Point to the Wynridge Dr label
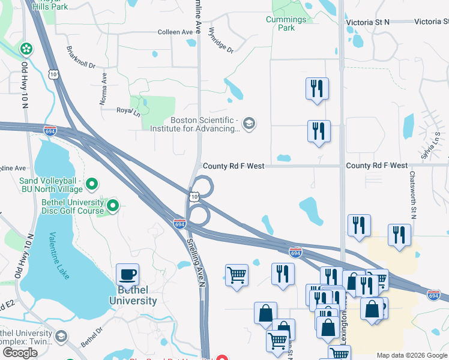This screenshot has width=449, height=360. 220,40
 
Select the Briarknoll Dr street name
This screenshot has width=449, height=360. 81,57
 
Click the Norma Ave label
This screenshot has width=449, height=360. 103,86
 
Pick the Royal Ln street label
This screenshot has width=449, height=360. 128,110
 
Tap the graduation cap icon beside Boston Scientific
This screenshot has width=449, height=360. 250,124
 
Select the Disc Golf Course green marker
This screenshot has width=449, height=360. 112,206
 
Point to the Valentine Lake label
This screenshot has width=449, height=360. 59,255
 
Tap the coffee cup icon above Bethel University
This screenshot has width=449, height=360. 127,275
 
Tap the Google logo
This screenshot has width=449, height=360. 20,353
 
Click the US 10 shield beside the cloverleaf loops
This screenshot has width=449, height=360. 193,196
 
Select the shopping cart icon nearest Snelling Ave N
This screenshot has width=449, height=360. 237,275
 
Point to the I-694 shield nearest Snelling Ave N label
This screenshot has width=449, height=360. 179,223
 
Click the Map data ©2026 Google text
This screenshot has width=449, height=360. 411,355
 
